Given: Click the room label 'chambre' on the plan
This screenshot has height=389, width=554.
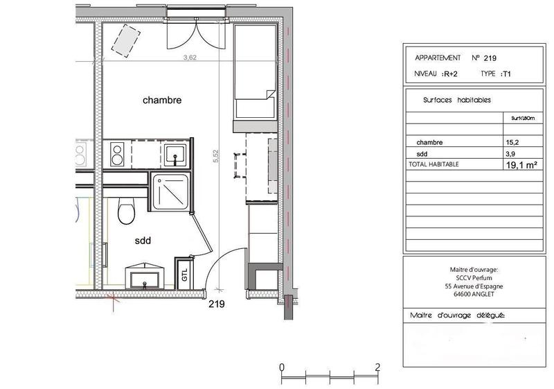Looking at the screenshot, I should [x=162, y=101].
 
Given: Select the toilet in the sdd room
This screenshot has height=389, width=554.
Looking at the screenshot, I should [x=126, y=211].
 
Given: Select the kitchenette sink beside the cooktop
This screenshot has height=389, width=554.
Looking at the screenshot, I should [x=174, y=153].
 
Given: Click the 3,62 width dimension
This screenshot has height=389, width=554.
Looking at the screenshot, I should [x=189, y=58].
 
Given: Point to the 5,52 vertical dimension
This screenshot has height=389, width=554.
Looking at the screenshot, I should [x=217, y=157].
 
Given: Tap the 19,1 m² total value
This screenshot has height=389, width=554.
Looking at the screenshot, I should [x=523, y=165].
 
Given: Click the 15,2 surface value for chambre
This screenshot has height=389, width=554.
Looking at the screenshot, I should [x=512, y=142].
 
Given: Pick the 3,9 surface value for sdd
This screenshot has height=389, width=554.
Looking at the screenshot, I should [x=511, y=154].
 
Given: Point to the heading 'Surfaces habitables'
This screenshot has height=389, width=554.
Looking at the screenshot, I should [x=456, y=100].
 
